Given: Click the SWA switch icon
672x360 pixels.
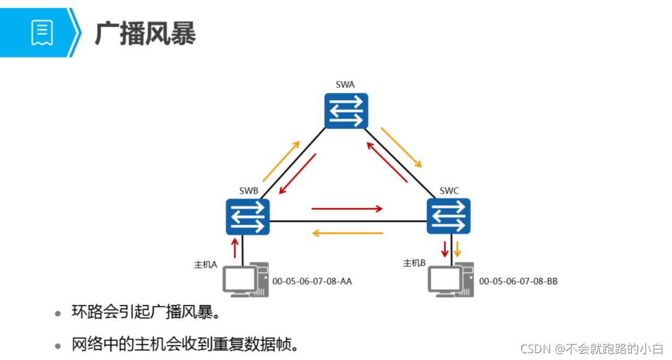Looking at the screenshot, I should [x=346, y=111].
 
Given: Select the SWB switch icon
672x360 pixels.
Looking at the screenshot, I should [x=248, y=217].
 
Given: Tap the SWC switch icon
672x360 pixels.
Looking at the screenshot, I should [x=448, y=216].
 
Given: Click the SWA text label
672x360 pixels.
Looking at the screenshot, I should [x=345, y=85].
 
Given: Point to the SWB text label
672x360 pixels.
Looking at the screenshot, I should [x=248, y=191].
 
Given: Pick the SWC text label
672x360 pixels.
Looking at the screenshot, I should [x=449, y=190].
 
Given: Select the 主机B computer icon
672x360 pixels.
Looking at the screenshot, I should [x=451, y=279].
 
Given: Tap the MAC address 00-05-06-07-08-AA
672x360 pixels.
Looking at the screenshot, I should [x=312, y=282].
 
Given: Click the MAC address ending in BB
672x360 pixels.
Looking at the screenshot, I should [x=518, y=282].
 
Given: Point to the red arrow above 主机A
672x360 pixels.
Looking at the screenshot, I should [x=234, y=248].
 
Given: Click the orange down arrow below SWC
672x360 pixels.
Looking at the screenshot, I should [x=458, y=249].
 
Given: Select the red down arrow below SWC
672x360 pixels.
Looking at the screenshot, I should [x=444, y=249].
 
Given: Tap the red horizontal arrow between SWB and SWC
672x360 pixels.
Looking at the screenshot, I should [x=347, y=209].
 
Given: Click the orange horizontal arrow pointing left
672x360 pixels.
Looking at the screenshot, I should [x=347, y=233].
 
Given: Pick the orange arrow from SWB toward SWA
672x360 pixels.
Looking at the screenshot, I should [x=281, y=161].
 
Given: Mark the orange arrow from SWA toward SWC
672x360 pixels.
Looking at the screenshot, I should [x=401, y=148].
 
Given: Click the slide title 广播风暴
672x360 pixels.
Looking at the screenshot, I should [x=145, y=34].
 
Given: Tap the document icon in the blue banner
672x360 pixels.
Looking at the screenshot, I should [x=42, y=32].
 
